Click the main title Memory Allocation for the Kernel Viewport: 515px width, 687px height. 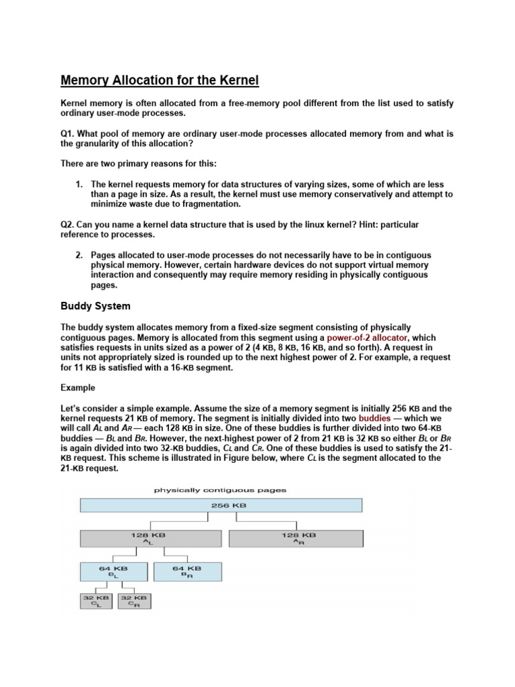[x=160, y=81]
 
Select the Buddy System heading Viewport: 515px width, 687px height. [x=96, y=306]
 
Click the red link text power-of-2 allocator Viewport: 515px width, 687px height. [x=371, y=337]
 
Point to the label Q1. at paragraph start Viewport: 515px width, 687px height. [x=69, y=134]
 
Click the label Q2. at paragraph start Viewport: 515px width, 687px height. [x=69, y=224]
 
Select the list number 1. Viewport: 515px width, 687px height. [x=78, y=184]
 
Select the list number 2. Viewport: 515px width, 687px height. [x=78, y=256]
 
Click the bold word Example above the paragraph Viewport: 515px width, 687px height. [x=78, y=388]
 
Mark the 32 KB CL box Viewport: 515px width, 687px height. [x=97, y=600]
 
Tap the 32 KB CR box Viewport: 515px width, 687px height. [x=135, y=600]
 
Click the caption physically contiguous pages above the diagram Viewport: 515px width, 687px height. [x=220, y=490]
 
